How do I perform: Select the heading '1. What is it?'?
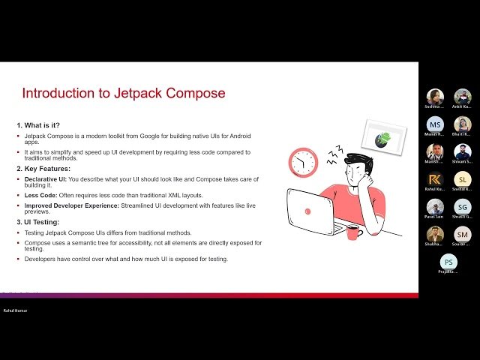[x=38, y=124]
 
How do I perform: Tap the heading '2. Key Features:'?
[x=43, y=169]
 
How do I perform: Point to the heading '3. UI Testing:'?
[x=40, y=222]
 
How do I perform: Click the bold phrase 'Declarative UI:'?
[x=46, y=179]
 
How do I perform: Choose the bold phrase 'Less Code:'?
[x=40, y=195]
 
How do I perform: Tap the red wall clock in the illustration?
[x=304, y=162]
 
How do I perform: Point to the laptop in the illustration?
[x=313, y=211]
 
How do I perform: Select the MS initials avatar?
[x=435, y=124]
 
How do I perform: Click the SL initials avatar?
[x=463, y=179]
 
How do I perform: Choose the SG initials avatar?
[x=463, y=207]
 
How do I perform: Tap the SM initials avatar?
[x=463, y=234]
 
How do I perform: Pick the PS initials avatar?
[x=448, y=262]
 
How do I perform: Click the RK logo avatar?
[x=435, y=179]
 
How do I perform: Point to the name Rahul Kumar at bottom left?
[x=17, y=310]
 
